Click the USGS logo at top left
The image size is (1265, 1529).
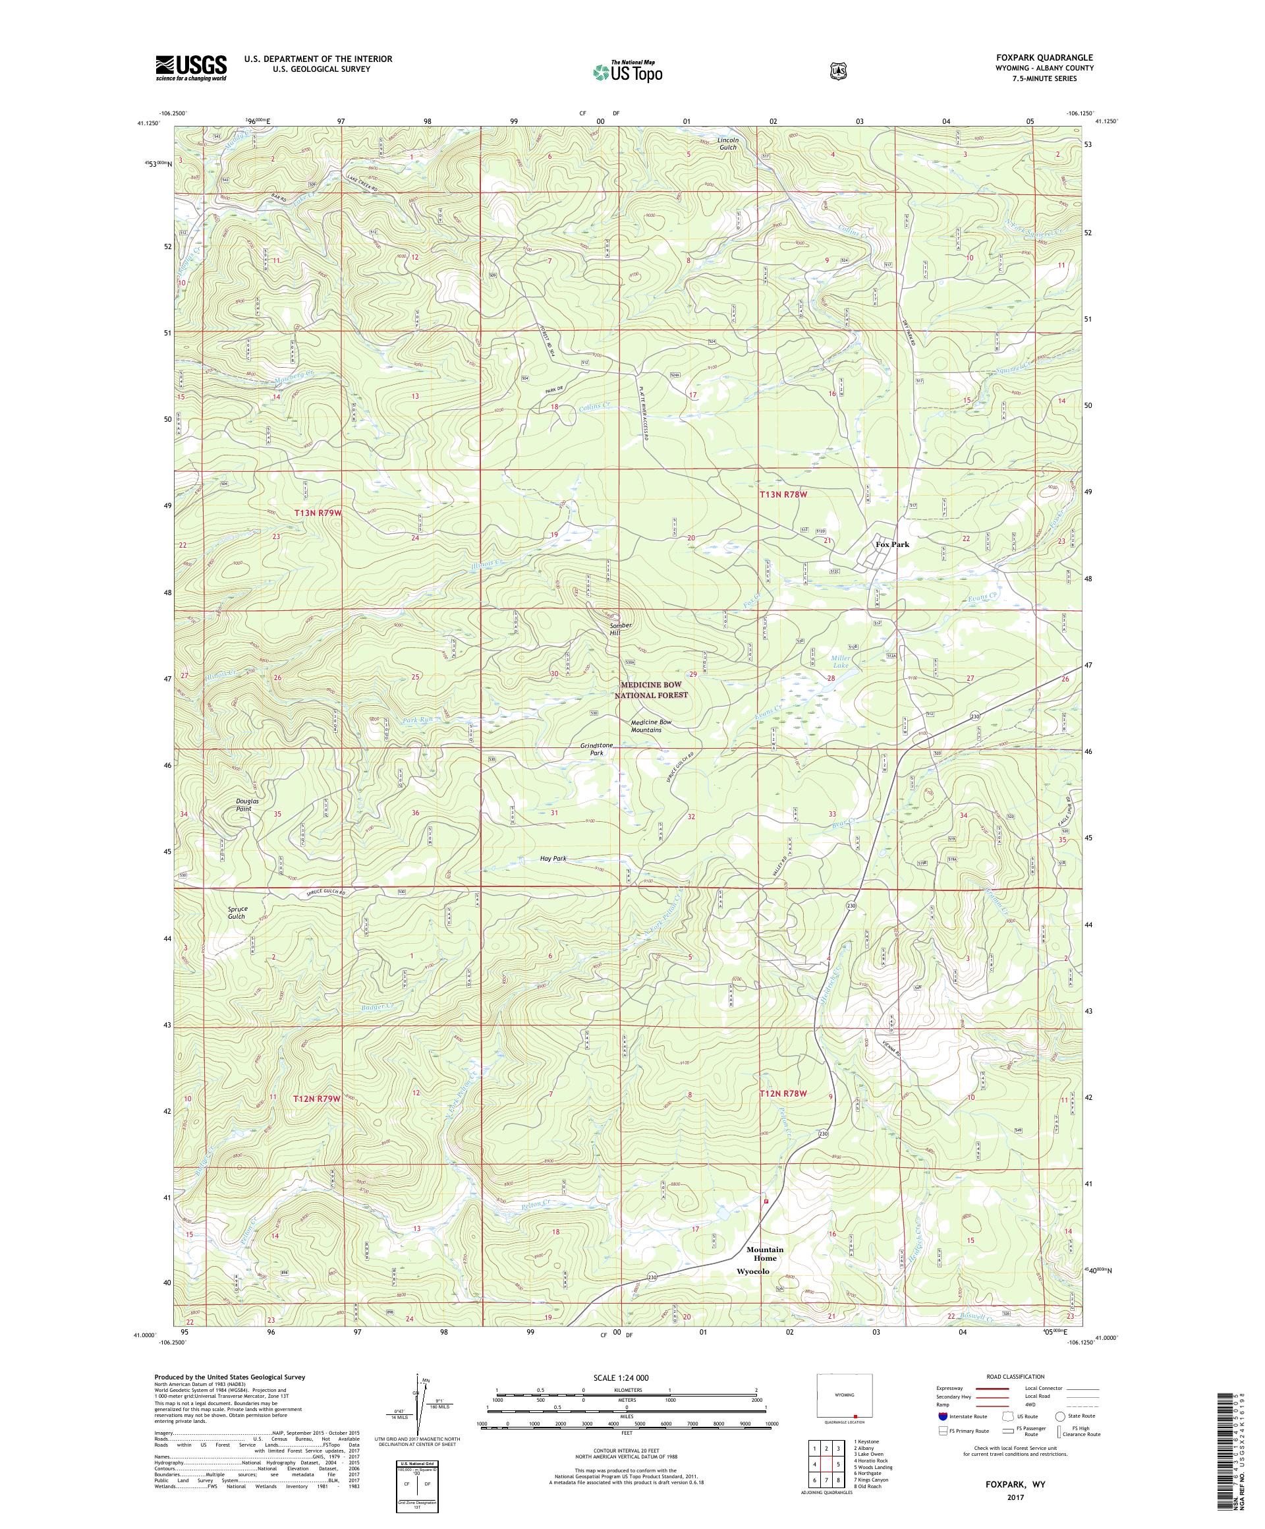click(x=190, y=69)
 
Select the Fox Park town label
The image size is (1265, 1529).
click(x=892, y=544)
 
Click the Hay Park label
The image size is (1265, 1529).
click(x=553, y=859)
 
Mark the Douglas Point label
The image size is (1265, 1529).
click(x=246, y=805)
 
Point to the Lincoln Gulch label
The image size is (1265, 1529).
click(x=728, y=143)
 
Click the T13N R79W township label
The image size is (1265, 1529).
click(x=318, y=513)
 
